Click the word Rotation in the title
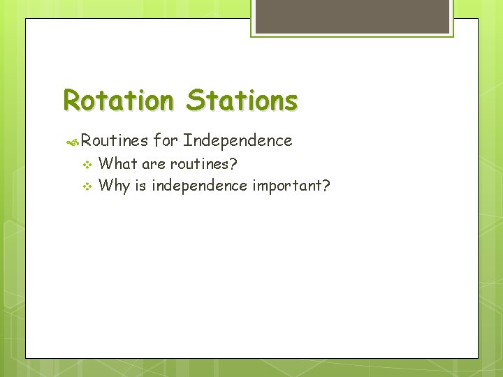[117, 101]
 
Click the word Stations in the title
[242, 101]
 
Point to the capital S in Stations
[195, 101]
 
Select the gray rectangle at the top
[351, 15]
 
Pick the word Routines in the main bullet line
[115, 141]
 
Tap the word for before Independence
[166, 141]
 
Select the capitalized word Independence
[238, 141]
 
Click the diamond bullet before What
[87, 165]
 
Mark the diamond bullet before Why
[87, 186]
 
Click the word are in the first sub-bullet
[154, 165]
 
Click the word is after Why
[139, 186]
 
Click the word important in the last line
[286, 186]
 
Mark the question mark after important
[326, 186]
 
